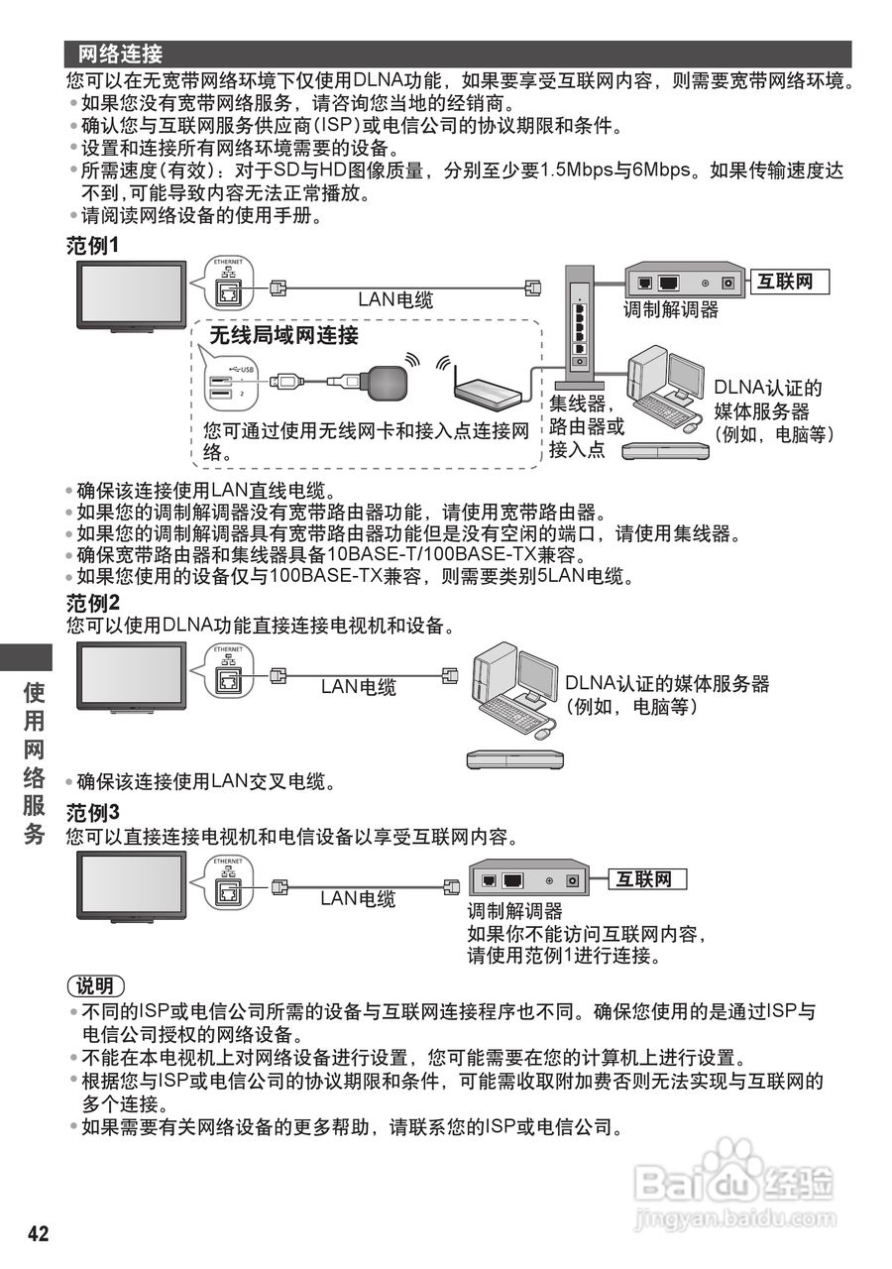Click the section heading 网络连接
(x=120, y=54)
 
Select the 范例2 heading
(x=92, y=604)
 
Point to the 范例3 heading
(x=92, y=813)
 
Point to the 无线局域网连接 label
(x=283, y=337)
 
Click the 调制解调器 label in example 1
(x=671, y=310)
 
